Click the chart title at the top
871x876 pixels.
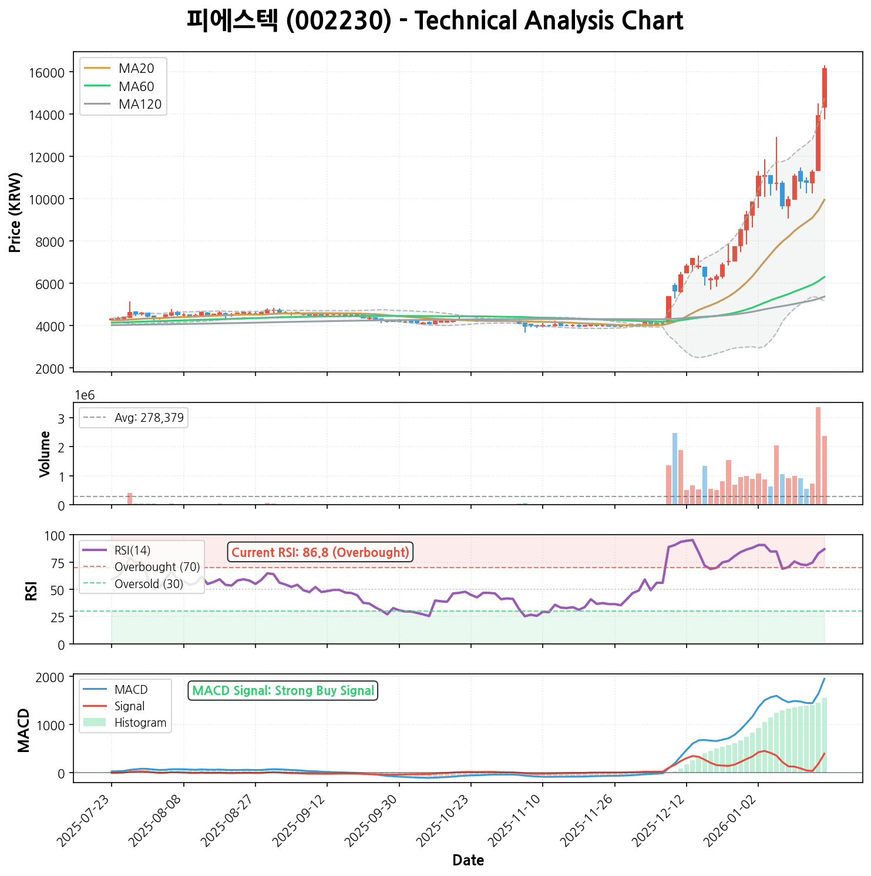435,21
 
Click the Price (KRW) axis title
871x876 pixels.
16,212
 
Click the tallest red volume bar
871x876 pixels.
818,455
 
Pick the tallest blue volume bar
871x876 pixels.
675,468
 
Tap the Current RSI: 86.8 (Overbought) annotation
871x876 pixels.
320,552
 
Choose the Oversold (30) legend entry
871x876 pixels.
149,584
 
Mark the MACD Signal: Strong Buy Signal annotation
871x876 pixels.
283,691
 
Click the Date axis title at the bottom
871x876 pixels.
468,861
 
